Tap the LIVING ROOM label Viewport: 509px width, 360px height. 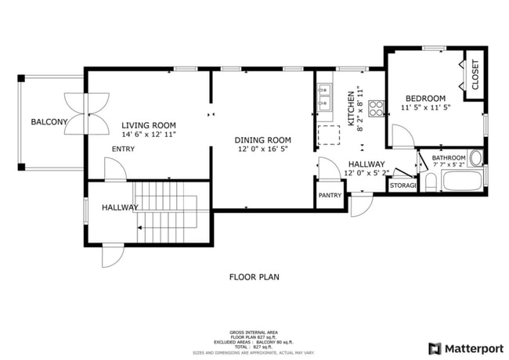(x=148, y=125)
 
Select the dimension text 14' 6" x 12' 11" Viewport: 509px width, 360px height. (x=148, y=135)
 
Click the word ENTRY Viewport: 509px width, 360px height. (x=123, y=149)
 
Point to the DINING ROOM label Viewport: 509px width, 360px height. (x=263, y=140)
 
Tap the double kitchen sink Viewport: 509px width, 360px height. (x=327, y=101)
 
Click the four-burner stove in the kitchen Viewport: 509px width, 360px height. (x=377, y=109)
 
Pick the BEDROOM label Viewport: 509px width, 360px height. (x=425, y=98)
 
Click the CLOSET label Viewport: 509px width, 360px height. (x=475, y=76)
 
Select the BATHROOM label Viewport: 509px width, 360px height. (x=449, y=157)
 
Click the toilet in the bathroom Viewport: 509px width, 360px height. (x=430, y=182)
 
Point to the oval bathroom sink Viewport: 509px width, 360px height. (x=475, y=157)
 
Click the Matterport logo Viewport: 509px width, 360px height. (x=466, y=347)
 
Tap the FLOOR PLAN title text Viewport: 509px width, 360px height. (x=254, y=276)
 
